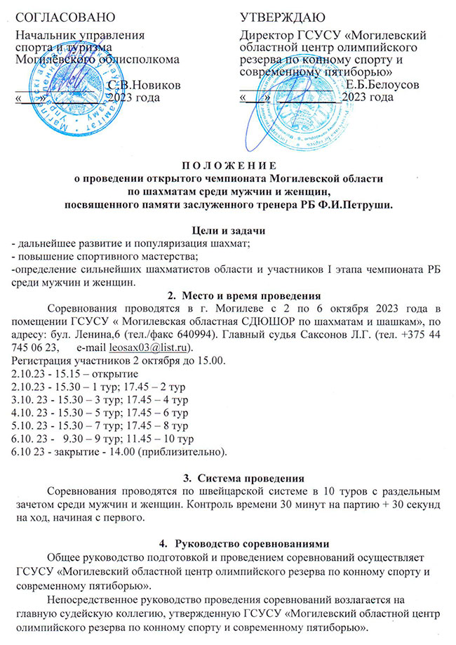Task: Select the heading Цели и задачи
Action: click(x=229, y=232)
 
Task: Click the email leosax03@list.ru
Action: click(x=154, y=348)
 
